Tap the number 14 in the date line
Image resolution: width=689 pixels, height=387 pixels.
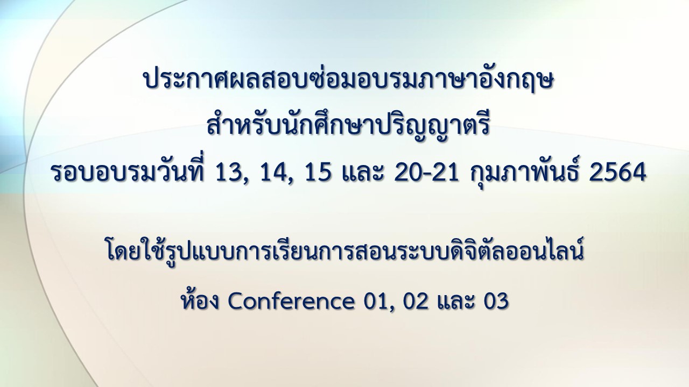274,173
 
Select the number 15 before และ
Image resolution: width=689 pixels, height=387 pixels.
319,173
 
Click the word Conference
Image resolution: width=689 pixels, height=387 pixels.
291,302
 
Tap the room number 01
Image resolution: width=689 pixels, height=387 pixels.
376,302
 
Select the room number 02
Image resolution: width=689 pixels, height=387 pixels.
417,302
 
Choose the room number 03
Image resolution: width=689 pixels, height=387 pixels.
496,302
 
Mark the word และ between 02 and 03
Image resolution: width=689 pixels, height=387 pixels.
456,302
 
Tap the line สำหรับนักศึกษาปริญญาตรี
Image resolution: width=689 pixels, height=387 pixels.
348,126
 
